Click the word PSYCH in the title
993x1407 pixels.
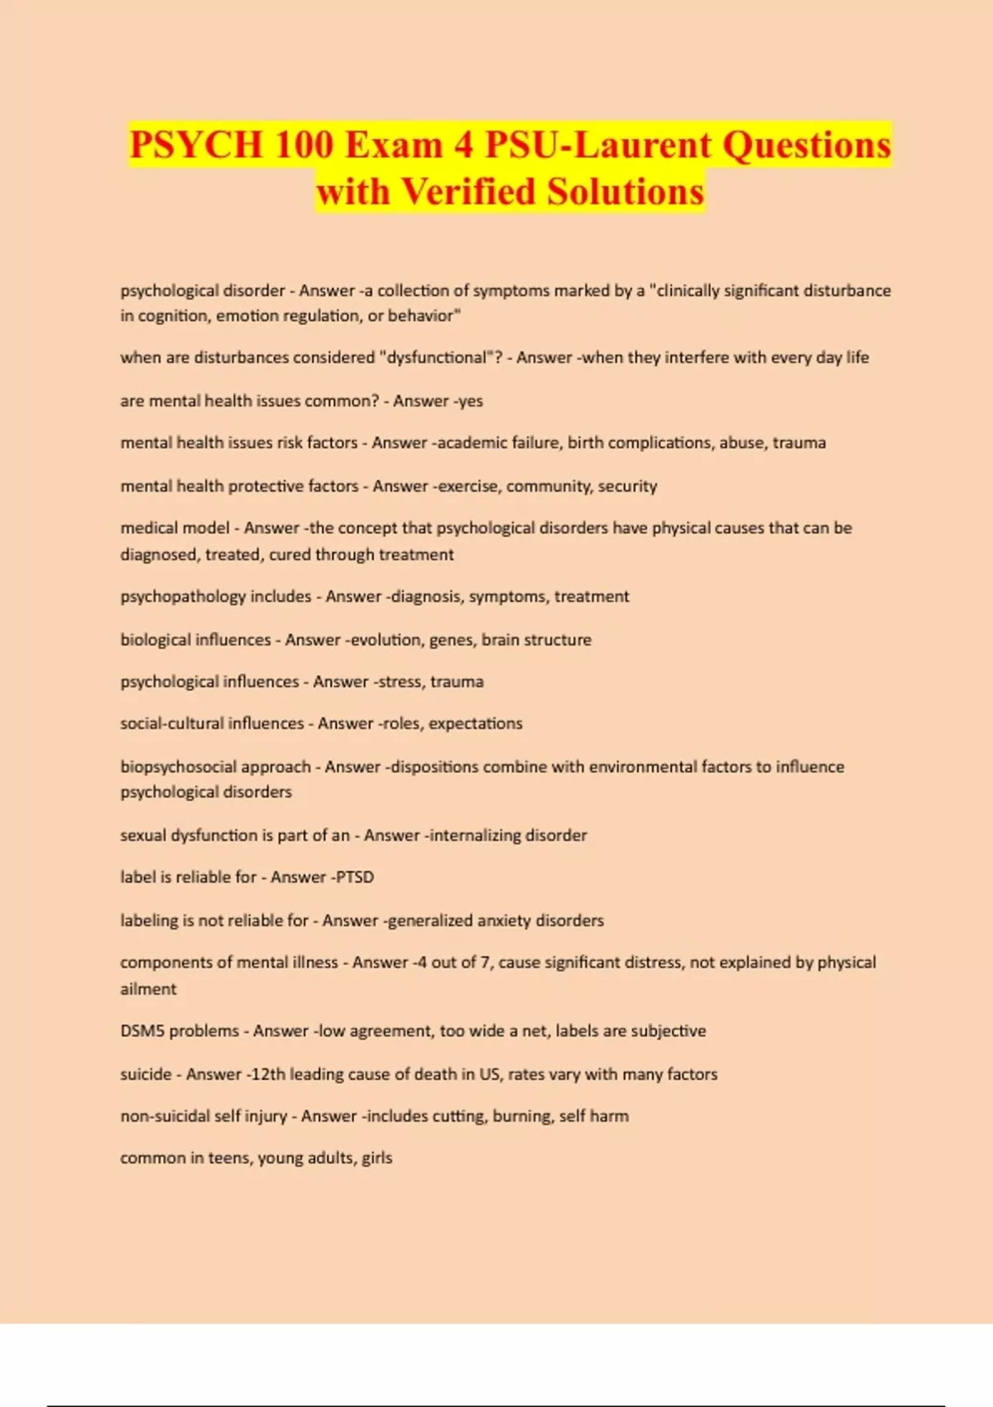click(195, 146)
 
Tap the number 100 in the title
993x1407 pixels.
click(304, 146)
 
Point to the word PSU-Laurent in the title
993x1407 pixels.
click(597, 146)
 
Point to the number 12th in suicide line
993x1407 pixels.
click(267, 1074)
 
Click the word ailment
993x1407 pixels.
click(148, 989)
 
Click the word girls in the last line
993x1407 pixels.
click(377, 1159)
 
